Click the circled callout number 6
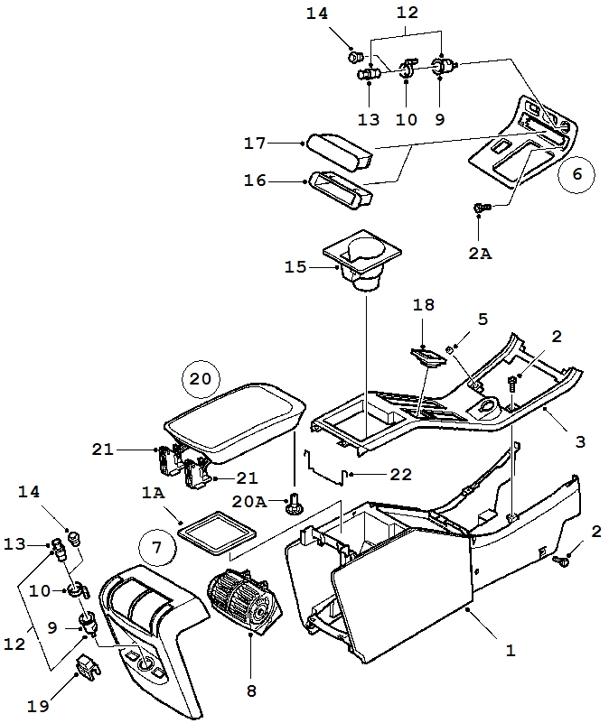coord(576,174)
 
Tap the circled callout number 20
coord(201,379)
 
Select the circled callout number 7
coord(157,548)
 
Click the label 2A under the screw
coord(480,254)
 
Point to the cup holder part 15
coord(362,260)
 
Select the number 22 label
coord(400,474)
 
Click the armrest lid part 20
coord(236,422)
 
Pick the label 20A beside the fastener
coord(249,502)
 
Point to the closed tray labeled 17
coord(340,153)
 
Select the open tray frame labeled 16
coord(341,190)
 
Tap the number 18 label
coord(424,305)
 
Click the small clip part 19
coord(88,665)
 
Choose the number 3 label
coord(580,441)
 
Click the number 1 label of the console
coord(511,651)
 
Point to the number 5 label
coord(483,320)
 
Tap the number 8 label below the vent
coord(251,691)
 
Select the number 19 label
coord(38,707)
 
